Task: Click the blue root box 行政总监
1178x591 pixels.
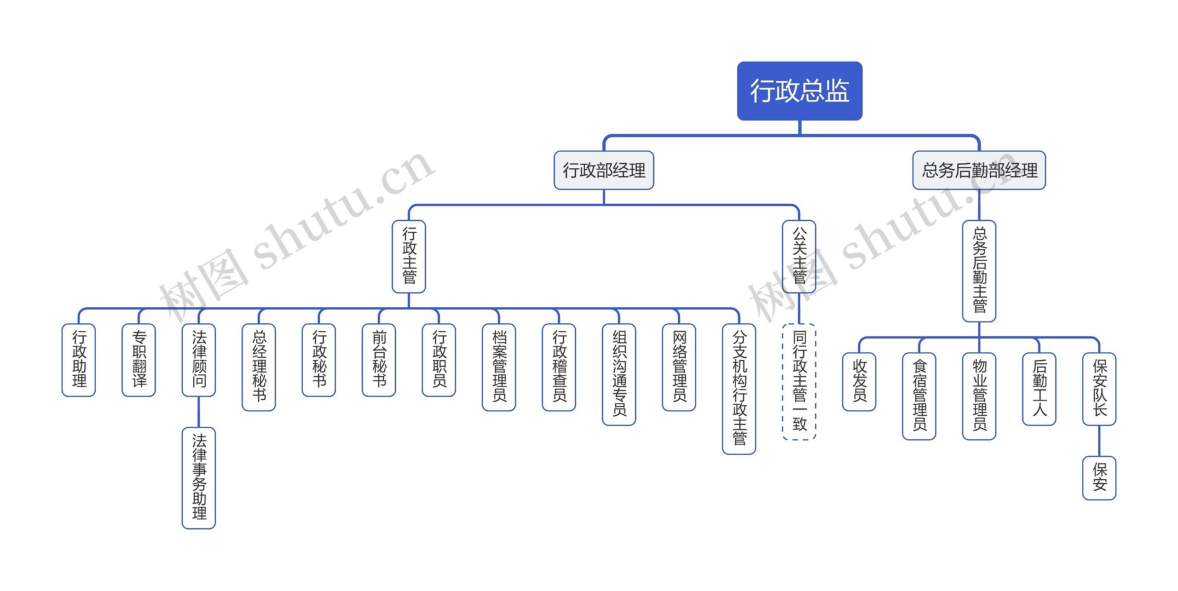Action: point(799,91)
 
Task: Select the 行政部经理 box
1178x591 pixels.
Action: point(604,170)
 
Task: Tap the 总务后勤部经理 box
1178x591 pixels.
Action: point(979,170)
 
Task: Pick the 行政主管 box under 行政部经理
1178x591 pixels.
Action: point(409,256)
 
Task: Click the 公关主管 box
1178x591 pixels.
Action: point(799,256)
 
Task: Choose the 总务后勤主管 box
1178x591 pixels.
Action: point(979,271)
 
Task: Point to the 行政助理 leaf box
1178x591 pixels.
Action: point(79,360)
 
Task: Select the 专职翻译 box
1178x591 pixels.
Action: point(139,360)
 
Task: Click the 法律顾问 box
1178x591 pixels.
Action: point(199,360)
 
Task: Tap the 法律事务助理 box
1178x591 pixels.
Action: point(199,478)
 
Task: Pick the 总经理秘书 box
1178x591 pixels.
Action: point(259,367)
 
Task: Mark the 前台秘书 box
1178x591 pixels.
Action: point(379,360)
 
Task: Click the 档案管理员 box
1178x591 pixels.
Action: point(499,367)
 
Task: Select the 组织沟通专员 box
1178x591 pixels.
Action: point(619,374)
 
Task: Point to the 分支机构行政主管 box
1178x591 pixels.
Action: point(739,389)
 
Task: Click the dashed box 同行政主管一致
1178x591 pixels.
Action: point(799,382)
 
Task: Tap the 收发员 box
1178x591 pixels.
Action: point(859,381)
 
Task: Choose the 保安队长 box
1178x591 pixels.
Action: point(1099,389)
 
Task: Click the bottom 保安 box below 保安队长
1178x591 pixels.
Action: point(1099,478)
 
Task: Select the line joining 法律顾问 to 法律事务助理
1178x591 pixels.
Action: point(199,412)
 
